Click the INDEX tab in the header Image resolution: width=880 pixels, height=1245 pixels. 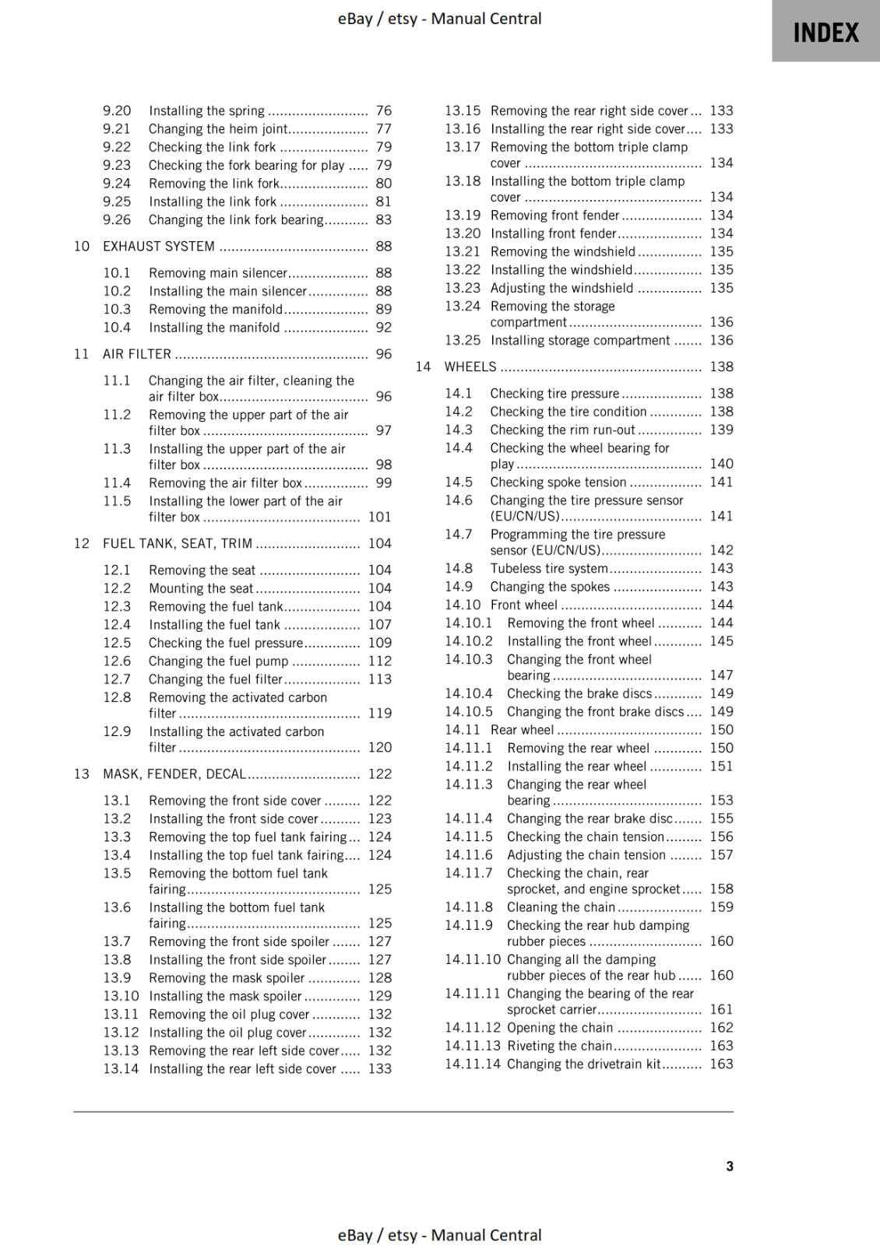825,32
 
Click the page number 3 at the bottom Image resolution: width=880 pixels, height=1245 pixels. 730,1166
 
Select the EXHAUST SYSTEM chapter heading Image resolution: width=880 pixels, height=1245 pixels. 159,247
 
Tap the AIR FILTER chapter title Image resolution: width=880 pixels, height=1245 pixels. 137,354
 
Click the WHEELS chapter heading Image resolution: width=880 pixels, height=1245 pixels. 470,366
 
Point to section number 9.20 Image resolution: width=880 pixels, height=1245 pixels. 117,111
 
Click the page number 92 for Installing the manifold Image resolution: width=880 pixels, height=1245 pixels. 383,328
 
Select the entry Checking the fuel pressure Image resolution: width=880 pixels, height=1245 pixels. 226,643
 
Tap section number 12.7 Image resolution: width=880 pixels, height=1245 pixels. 117,679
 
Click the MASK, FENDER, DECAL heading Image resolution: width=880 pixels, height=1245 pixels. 174,774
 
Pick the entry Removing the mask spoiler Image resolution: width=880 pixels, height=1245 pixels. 227,978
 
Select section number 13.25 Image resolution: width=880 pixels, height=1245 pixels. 463,340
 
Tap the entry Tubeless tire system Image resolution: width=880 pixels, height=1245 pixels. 548,569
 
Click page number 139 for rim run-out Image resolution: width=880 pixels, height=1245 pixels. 721,430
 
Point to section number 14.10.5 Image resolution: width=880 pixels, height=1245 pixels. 469,712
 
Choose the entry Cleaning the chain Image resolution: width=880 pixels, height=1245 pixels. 561,907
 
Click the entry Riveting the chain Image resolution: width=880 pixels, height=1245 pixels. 559,1046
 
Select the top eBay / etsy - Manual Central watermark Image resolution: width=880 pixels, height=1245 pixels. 439,18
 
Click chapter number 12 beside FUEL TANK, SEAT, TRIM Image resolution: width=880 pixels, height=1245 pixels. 82,543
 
